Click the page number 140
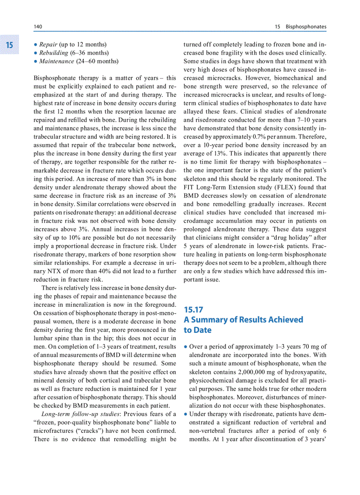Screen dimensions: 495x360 coord(38,27)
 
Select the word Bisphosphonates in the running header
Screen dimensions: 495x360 coord(306,27)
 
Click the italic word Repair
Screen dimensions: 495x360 coord(48,45)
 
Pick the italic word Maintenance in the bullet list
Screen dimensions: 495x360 coord(56,61)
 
